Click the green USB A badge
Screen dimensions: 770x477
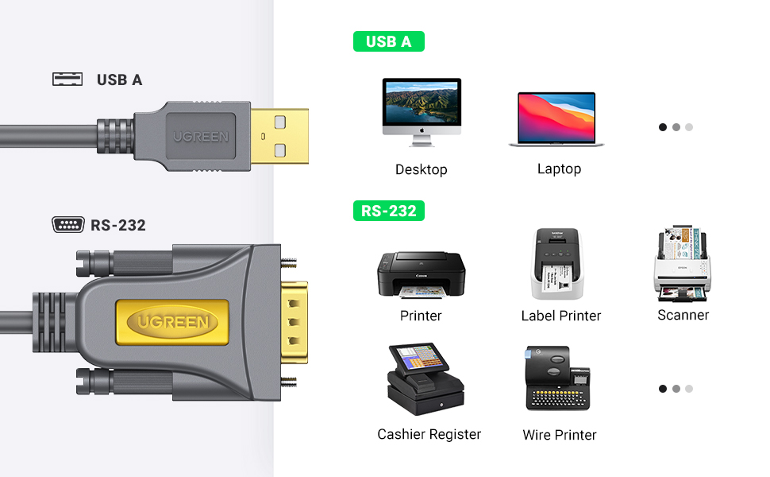coord(388,42)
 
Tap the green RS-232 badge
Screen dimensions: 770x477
coord(389,211)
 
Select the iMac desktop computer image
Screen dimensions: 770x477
coord(421,111)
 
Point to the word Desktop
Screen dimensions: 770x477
coord(421,169)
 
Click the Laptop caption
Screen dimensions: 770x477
coord(559,169)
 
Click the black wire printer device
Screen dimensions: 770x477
coord(557,378)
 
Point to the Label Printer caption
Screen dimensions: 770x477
coord(560,316)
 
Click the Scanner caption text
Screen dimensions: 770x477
coord(683,315)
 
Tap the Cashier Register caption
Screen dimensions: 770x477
coord(429,434)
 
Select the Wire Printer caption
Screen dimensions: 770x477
coord(559,435)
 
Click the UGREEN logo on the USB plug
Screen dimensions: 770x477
coord(200,137)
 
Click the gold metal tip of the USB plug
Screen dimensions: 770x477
coord(279,136)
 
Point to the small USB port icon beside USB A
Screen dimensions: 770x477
coord(67,79)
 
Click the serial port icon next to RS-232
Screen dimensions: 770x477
coord(68,225)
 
